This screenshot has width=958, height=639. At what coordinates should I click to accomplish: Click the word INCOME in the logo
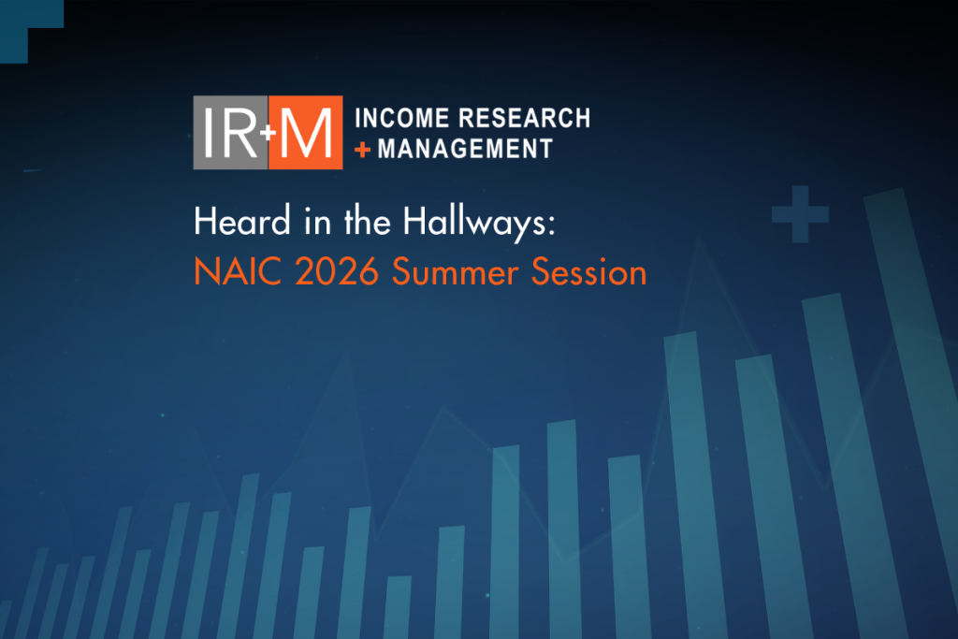click(402, 118)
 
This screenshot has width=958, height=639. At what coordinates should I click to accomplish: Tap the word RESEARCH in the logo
click(524, 118)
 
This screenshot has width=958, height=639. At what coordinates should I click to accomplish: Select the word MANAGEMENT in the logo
click(465, 149)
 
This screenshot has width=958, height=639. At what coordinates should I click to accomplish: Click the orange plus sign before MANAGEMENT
click(362, 149)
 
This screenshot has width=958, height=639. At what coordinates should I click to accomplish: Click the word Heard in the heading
click(242, 221)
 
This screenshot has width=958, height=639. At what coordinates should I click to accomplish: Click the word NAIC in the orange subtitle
click(238, 272)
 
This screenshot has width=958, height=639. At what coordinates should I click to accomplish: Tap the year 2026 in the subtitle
click(337, 272)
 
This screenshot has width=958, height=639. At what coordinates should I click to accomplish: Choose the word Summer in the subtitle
click(456, 272)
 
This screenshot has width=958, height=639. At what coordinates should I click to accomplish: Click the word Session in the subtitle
click(588, 272)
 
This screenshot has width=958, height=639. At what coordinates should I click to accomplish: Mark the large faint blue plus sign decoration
click(801, 214)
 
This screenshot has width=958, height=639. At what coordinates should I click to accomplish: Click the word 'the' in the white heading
click(367, 221)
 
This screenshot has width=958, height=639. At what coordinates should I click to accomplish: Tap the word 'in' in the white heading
click(318, 222)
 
